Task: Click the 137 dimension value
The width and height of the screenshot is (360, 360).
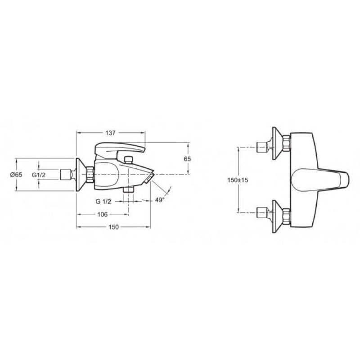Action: tap(110, 133)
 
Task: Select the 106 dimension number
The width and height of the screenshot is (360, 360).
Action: tap(103, 215)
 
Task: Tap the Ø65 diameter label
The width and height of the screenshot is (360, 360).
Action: tap(16, 175)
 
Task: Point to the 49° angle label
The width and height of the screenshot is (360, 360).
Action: tap(160, 200)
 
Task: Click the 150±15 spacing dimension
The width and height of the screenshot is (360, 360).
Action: tap(238, 180)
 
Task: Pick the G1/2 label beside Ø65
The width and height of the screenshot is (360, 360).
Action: tap(39, 175)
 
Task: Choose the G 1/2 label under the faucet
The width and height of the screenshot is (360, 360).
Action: tap(103, 202)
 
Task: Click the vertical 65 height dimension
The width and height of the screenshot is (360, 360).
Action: tap(187, 159)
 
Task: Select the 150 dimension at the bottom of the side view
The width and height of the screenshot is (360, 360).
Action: tap(114, 227)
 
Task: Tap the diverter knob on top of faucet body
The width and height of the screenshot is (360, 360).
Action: tap(128, 160)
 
